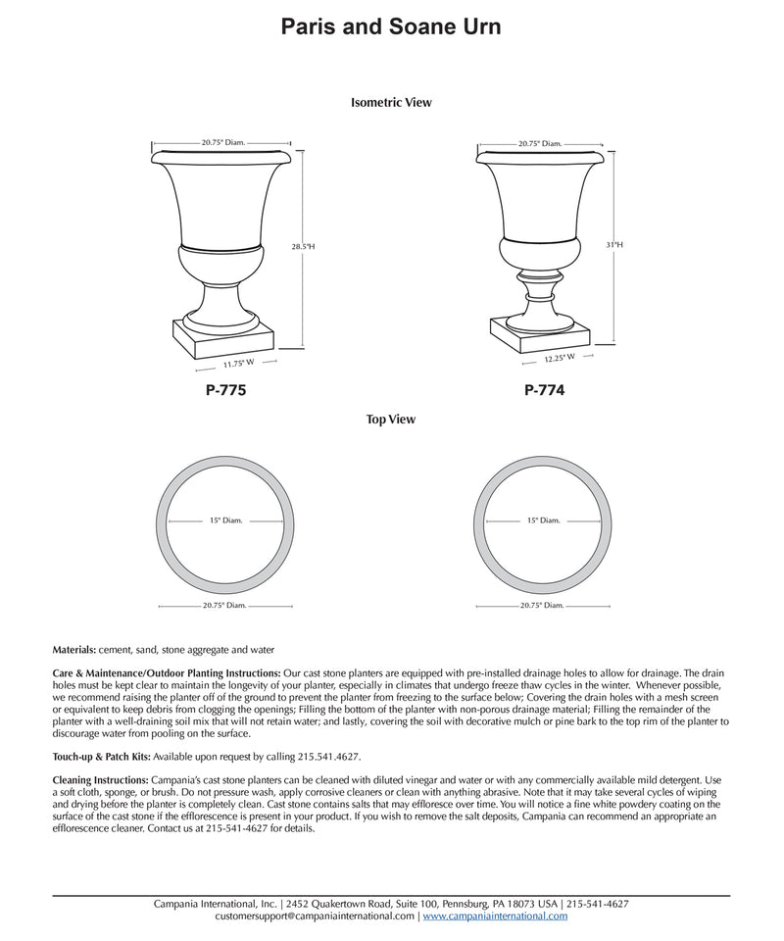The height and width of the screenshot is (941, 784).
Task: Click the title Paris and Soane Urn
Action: (391, 26)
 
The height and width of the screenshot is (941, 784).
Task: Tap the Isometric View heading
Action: (391, 102)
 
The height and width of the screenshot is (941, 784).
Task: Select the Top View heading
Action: (391, 420)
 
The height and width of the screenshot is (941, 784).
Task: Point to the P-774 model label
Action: (544, 390)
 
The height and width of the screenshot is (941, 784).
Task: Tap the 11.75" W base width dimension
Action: (238, 364)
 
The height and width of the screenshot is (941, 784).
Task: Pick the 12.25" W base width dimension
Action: (560, 359)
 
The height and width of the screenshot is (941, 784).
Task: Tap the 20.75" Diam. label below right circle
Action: (541, 606)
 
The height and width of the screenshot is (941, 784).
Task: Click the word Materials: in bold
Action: (74, 649)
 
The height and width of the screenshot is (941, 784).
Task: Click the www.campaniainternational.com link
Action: (495, 916)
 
